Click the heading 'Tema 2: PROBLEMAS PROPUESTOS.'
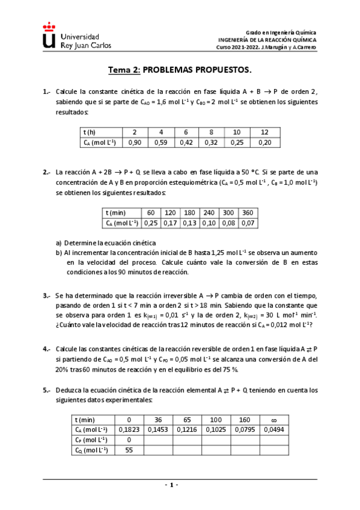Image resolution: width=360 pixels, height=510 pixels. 180,70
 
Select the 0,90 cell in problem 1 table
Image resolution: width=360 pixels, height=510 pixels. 135,143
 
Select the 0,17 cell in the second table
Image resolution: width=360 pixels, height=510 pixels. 169,223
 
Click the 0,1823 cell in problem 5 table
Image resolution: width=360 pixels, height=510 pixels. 127,429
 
